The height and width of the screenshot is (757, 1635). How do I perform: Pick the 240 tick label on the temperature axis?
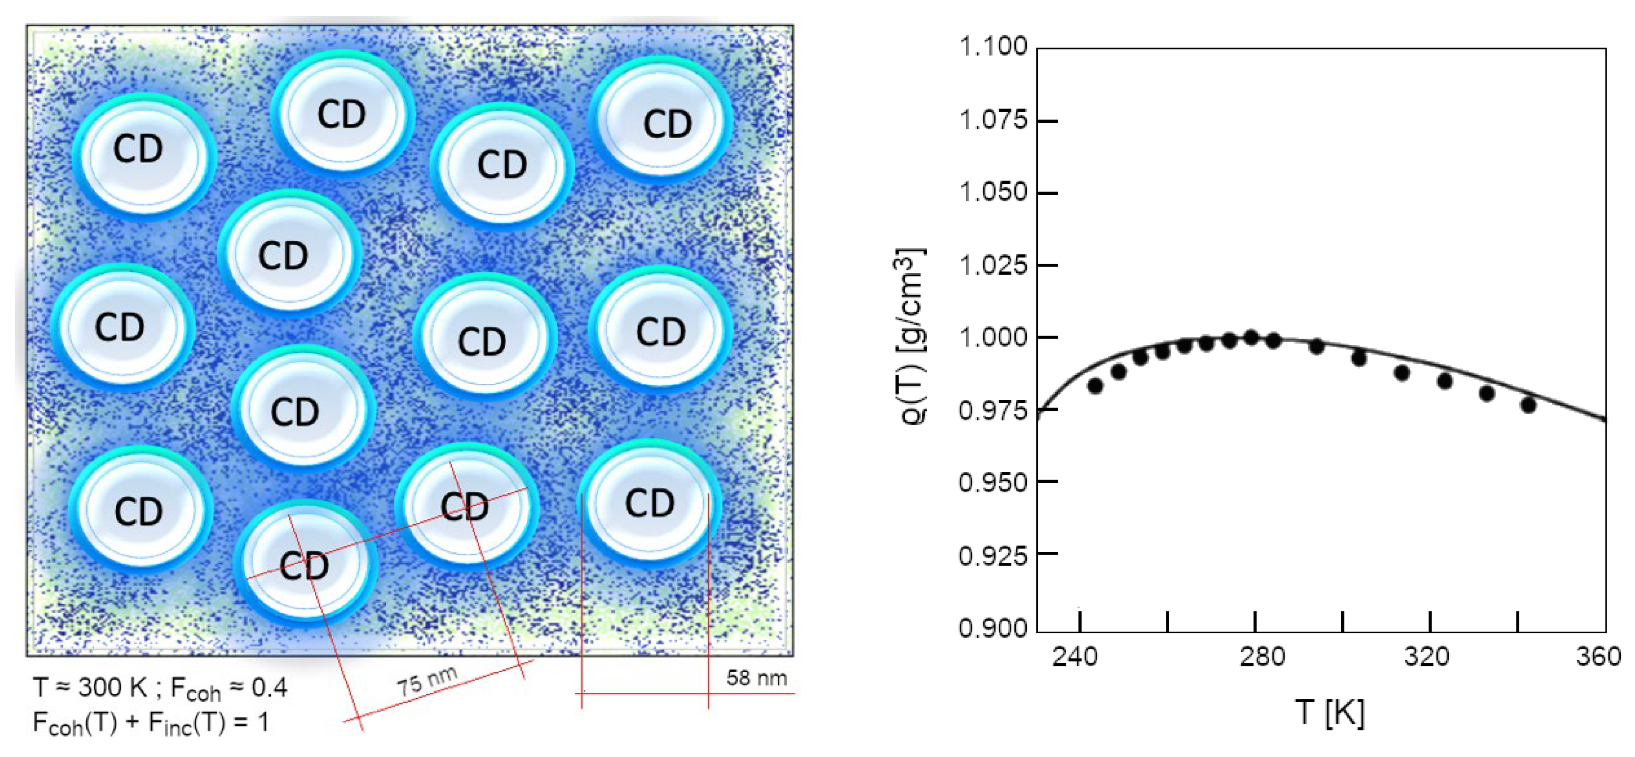point(1074,656)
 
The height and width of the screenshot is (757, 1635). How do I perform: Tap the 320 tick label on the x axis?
point(1427,656)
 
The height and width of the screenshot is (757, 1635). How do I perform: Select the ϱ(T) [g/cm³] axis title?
point(912,336)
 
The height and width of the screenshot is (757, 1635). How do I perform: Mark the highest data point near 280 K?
point(1251,338)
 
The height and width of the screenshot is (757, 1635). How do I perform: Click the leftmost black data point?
point(1095,385)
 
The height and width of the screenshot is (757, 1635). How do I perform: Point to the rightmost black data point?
point(1528,405)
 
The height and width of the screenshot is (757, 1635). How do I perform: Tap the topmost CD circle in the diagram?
point(342,114)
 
